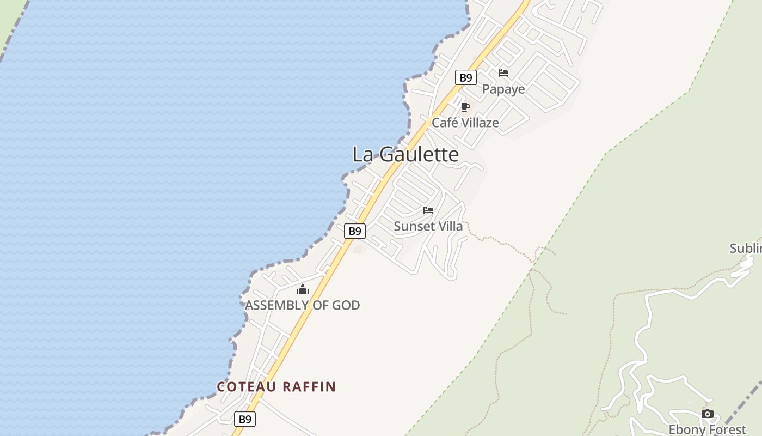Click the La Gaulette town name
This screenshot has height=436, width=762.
[x=405, y=154]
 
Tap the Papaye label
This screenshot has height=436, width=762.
[x=503, y=89]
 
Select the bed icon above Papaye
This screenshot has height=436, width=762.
[x=503, y=73]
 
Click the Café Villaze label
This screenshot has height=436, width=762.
[x=465, y=123]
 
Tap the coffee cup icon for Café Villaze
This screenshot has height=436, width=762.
[x=465, y=107]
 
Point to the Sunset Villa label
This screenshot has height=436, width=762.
[x=428, y=226]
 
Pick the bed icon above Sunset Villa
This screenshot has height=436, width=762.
[x=428, y=210]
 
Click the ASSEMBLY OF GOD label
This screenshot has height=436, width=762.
[x=302, y=305]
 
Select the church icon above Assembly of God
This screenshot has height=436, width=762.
[x=303, y=289]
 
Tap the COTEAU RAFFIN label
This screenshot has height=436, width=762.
[x=276, y=387]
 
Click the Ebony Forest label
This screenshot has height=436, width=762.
[x=708, y=429]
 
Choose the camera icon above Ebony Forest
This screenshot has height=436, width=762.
[x=708, y=414]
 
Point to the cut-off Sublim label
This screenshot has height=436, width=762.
[x=745, y=249]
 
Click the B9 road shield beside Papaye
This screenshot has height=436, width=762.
[x=466, y=77]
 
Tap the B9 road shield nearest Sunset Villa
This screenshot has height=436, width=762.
[x=355, y=231]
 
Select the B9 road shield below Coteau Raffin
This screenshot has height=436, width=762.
[x=245, y=419]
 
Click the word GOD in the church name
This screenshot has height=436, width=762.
[x=346, y=305]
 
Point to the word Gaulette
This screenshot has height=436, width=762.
[x=419, y=154]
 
